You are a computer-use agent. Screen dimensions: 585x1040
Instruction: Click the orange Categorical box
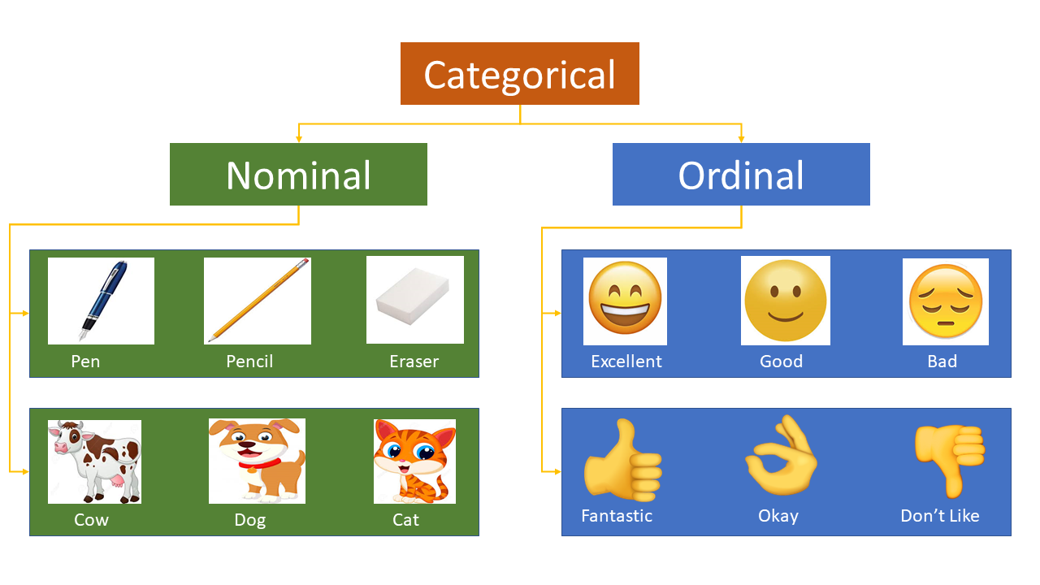(x=520, y=74)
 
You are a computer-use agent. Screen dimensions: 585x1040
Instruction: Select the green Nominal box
(x=298, y=175)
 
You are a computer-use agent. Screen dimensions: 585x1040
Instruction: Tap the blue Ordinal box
(x=741, y=175)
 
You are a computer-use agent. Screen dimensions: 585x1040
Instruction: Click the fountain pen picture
(x=101, y=301)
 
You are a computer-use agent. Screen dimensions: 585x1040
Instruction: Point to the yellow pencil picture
(x=258, y=301)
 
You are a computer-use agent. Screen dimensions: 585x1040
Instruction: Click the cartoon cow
(x=94, y=461)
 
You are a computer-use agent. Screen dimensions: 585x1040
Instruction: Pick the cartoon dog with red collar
(x=258, y=461)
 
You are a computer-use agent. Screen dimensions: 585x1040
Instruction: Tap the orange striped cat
(x=414, y=461)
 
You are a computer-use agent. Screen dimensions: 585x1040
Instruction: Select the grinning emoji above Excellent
(x=625, y=301)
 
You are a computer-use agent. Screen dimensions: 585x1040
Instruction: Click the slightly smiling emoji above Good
(x=785, y=301)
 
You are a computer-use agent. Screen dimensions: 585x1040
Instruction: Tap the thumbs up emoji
(x=622, y=460)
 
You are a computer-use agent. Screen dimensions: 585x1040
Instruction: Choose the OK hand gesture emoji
(x=781, y=457)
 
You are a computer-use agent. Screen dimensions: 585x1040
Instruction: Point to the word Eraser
(x=414, y=362)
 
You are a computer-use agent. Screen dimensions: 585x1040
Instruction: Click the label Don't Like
(x=940, y=516)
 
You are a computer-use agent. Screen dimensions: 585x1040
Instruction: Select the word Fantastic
(x=617, y=516)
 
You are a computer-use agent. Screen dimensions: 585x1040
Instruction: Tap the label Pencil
(x=249, y=362)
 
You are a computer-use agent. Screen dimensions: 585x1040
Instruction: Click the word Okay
(x=778, y=516)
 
